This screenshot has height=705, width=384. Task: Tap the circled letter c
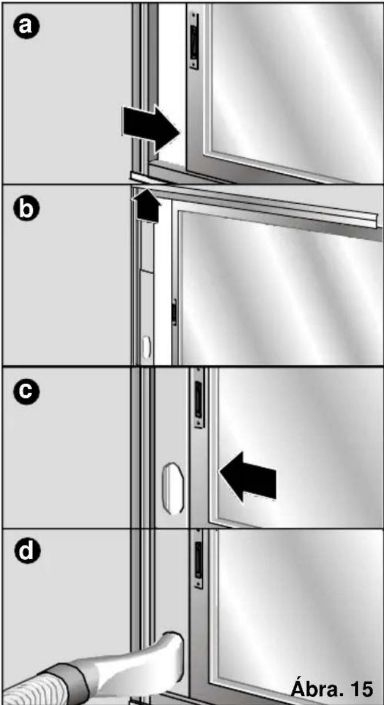(26, 391)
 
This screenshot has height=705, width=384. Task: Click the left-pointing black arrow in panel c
(248, 477)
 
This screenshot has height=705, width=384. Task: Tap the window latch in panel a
(194, 40)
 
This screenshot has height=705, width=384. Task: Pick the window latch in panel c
(199, 398)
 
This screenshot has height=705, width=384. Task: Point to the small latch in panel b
(174, 312)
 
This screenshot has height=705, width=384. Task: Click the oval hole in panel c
(173, 488)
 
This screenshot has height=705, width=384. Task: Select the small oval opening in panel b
(147, 348)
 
